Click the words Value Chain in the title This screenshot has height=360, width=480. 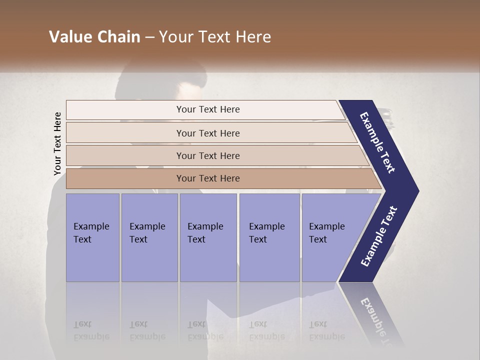pos(94,37)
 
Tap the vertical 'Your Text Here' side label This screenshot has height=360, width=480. pos(57,143)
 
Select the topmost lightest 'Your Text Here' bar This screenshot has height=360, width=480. pos(207,109)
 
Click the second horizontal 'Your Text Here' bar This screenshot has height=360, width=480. pos(207,133)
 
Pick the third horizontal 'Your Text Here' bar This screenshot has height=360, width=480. pos(207,155)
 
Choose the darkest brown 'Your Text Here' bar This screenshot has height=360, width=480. pos(207,178)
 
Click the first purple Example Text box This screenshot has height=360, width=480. pos(92,237)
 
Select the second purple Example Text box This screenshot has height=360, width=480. pos(149,237)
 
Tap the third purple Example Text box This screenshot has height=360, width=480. pos(208,237)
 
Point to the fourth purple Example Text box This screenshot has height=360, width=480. pos(269,237)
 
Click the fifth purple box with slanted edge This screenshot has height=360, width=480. pos(330,237)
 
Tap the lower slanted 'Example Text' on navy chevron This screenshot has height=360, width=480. pos(379,236)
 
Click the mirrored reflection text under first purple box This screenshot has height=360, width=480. pos(91,330)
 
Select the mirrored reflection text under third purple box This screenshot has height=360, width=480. pos(205,330)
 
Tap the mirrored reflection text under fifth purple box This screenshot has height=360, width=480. pos(326,330)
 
